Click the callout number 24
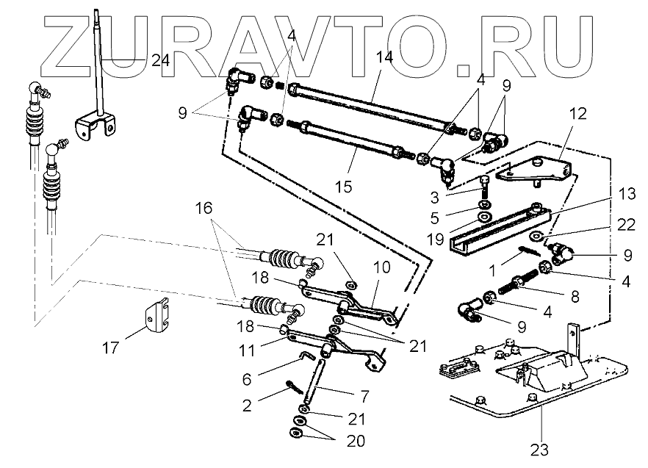[x=160, y=62]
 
